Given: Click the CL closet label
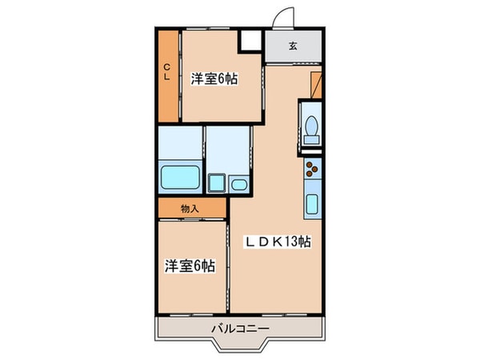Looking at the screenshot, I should click(x=168, y=72).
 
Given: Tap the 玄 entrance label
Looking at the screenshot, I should click(x=293, y=46).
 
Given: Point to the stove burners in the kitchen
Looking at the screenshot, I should click(x=311, y=170).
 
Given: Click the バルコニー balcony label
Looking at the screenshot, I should click(x=240, y=329).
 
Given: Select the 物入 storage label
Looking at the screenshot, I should click(x=190, y=207).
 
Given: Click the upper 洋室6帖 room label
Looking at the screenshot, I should click(x=214, y=79).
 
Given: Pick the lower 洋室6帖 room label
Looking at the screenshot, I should click(x=190, y=266).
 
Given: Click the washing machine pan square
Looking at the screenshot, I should click(x=215, y=185).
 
